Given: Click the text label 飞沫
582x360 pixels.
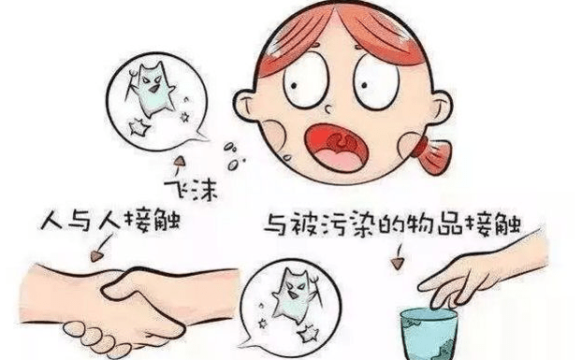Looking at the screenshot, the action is point(191,191).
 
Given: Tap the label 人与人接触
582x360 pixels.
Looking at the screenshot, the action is point(110,221).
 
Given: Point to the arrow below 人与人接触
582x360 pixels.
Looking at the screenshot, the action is point(101,248).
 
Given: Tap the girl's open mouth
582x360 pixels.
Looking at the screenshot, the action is point(336,148).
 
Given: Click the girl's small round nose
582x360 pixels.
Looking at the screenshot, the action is point(328,109).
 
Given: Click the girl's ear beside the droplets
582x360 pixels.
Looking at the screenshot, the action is point(244,106).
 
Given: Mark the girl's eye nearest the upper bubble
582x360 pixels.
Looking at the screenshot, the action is point(305,80).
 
